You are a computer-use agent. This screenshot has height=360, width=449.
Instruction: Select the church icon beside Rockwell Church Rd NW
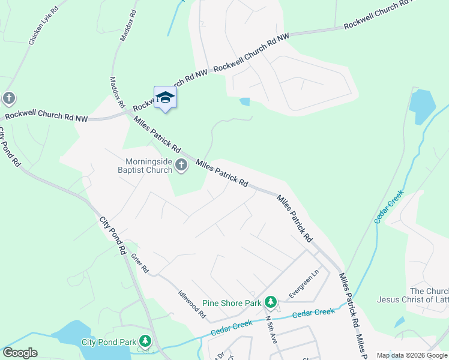click(8, 98)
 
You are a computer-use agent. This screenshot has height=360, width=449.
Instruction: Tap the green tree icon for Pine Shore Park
click(271, 302)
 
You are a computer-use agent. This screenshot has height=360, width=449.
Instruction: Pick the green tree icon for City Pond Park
click(145, 342)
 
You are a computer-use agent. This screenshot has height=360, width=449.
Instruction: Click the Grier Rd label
click(139, 262)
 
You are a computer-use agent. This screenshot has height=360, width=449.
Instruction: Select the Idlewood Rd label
click(192, 304)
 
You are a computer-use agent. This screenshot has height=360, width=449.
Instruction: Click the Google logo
click(19, 353)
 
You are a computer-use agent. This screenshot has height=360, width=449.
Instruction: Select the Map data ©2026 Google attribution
click(411, 355)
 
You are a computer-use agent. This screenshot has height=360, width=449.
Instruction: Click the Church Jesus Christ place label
click(413, 295)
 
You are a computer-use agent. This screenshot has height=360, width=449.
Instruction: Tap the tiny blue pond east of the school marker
click(244, 101)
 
